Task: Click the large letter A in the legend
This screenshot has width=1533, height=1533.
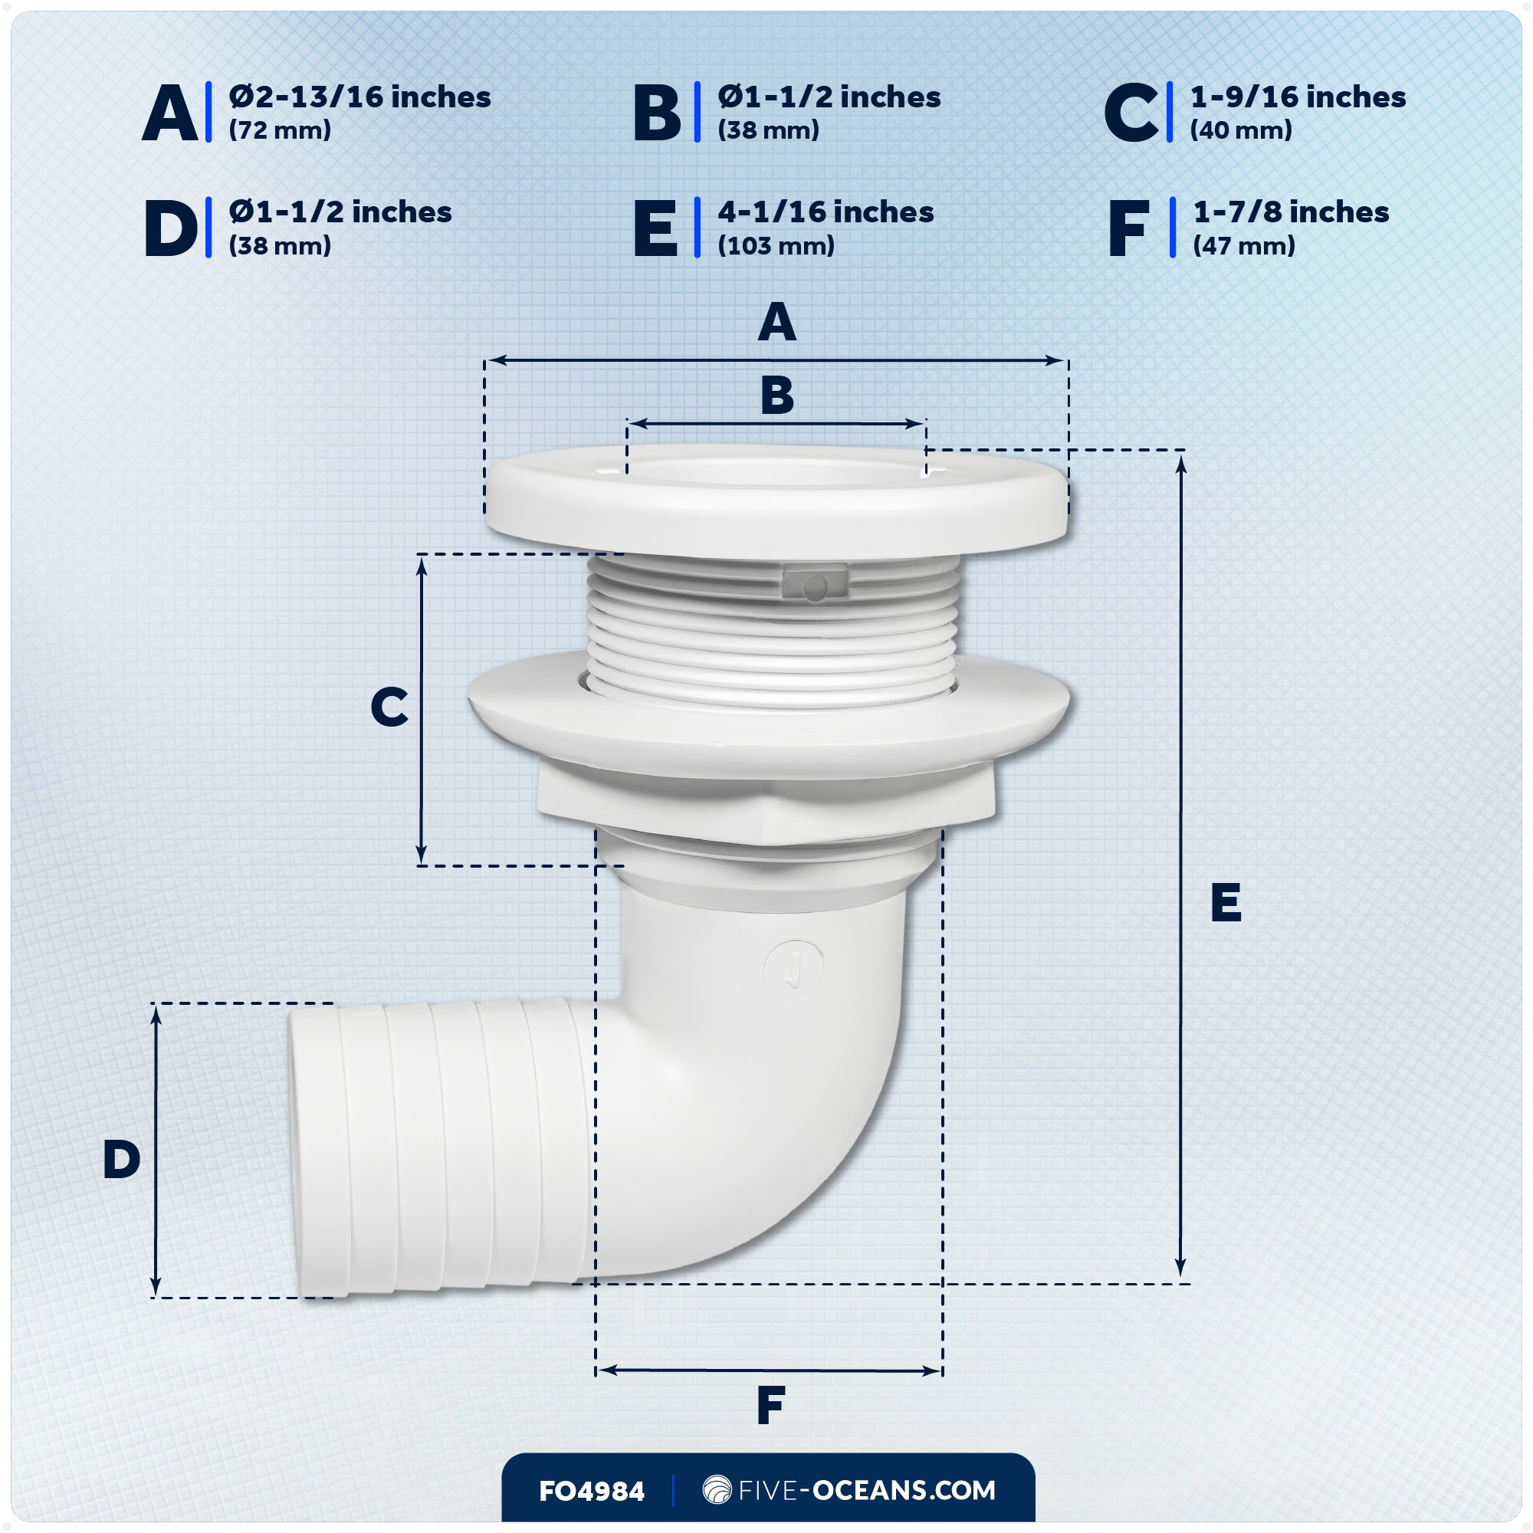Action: pyautogui.click(x=170, y=113)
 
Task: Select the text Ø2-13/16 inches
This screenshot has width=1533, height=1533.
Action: pyautogui.click(x=359, y=97)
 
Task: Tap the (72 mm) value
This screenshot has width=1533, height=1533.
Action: pyautogui.click(x=279, y=130)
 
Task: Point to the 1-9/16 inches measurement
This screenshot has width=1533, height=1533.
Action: pyautogui.click(x=1298, y=97)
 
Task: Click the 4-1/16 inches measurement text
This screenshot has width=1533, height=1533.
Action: pyautogui.click(x=826, y=212)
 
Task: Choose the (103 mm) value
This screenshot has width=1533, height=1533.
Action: pyautogui.click(x=775, y=246)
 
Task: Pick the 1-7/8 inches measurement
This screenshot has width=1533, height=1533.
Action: pyautogui.click(x=1290, y=212)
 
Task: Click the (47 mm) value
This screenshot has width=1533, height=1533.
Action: pyautogui.click(x=1243, y=246)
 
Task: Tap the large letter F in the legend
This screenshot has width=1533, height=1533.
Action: pyautogui.click(x=1128, y=228)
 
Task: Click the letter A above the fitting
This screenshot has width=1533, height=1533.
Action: pyautogui.click(x=776, y=323)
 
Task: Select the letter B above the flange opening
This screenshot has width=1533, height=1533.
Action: pyautogui.click(x=776, y=396)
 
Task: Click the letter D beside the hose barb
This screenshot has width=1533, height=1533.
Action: pyautogui.click(x=121, y=1159)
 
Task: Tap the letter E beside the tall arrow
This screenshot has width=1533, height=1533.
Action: pyautogui.click(x=1225, y=902)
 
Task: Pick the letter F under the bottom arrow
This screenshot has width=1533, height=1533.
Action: pyautogui.click(x=770, y=1405)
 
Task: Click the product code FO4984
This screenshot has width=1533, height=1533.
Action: pyautogui.click(x=591, y=1492)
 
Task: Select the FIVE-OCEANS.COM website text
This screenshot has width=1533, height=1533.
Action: pyautogui.click(x=866, y=1490)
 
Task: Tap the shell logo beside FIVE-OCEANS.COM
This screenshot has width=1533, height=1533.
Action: pyautogui.click(x=717, y=1489)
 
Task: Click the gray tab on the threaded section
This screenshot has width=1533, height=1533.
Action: pyautogui.click(x=814, y=583)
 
